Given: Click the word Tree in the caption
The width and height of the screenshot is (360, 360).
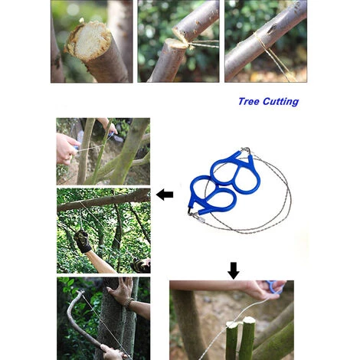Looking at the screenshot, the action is (249, 101).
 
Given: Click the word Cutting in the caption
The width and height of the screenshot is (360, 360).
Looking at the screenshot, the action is (280, 102).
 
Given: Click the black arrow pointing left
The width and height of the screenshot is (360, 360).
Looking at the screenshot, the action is (165, 195).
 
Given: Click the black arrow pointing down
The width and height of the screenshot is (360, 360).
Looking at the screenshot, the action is (234, 270).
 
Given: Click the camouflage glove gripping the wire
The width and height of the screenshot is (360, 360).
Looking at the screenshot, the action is (83, 241).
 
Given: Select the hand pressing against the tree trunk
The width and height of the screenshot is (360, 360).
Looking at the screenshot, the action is (121, 289).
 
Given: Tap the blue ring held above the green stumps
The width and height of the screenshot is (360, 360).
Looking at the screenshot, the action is (273, 287).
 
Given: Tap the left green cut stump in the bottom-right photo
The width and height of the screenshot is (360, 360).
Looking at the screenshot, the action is (232, 340).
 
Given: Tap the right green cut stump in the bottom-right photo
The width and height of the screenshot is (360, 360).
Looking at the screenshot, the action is (248, 338).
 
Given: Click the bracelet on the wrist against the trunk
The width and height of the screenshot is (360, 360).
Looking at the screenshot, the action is (129, 304).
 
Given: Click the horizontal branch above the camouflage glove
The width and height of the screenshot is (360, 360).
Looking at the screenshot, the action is (103, 200).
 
